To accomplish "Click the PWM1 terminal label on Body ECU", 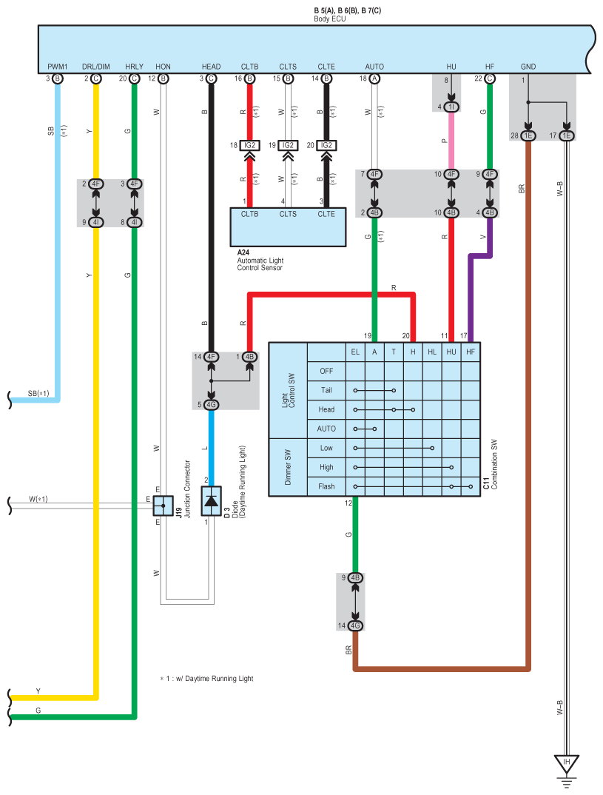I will pos(58,67).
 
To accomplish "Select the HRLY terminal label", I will pos(135,67).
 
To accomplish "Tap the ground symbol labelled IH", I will pos(567,762).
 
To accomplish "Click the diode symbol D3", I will pos(211,502).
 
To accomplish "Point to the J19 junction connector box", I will pos(163,506).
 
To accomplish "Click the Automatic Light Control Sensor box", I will pos(289,227).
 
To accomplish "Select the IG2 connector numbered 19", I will pos(289,146).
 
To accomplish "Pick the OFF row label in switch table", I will pos(326,371).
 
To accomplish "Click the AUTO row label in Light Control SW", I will pos(326,429).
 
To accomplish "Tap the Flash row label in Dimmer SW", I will pos(326,486).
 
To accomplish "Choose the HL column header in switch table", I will pos(432,352).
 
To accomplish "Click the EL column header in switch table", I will pos(355,352).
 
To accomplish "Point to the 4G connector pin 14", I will pos(356,625).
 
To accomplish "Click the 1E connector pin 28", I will pos(528,135).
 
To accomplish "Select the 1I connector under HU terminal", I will pos(451,107).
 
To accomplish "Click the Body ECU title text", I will pos(330,19).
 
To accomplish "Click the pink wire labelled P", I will pos(451,141).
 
